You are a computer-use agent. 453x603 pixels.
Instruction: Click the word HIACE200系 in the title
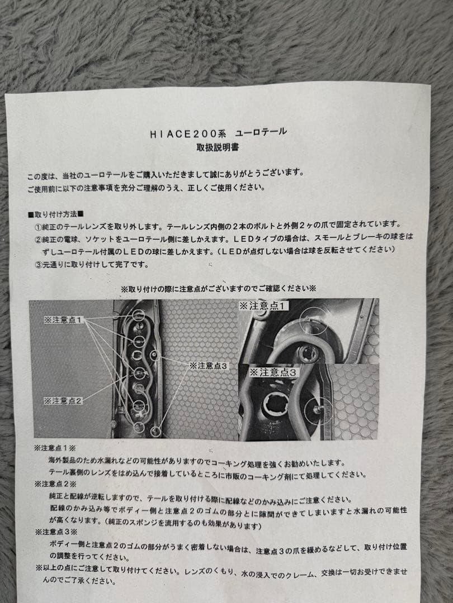(188, 133)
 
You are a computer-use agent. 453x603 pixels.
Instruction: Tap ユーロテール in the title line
(261, 132)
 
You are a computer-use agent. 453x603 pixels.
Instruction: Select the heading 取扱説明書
(218, 147)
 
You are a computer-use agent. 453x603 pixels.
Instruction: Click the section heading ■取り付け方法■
(56, 214)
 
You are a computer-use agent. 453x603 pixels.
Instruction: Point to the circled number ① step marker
(38, 227)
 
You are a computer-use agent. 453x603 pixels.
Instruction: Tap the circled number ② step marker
(38, 240)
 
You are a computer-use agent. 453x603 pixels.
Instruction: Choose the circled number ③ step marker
(38, 265)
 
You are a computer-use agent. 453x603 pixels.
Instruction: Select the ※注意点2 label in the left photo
(63, 401)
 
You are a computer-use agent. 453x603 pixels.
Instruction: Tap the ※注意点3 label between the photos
(209, 365)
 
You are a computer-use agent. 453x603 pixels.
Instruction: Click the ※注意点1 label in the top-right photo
(263, 306)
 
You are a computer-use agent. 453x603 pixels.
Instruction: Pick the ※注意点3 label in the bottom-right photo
(274, 372)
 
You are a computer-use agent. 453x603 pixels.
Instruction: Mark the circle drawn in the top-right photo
(313, 320)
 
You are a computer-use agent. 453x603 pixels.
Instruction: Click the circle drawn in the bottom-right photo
(318, 409)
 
